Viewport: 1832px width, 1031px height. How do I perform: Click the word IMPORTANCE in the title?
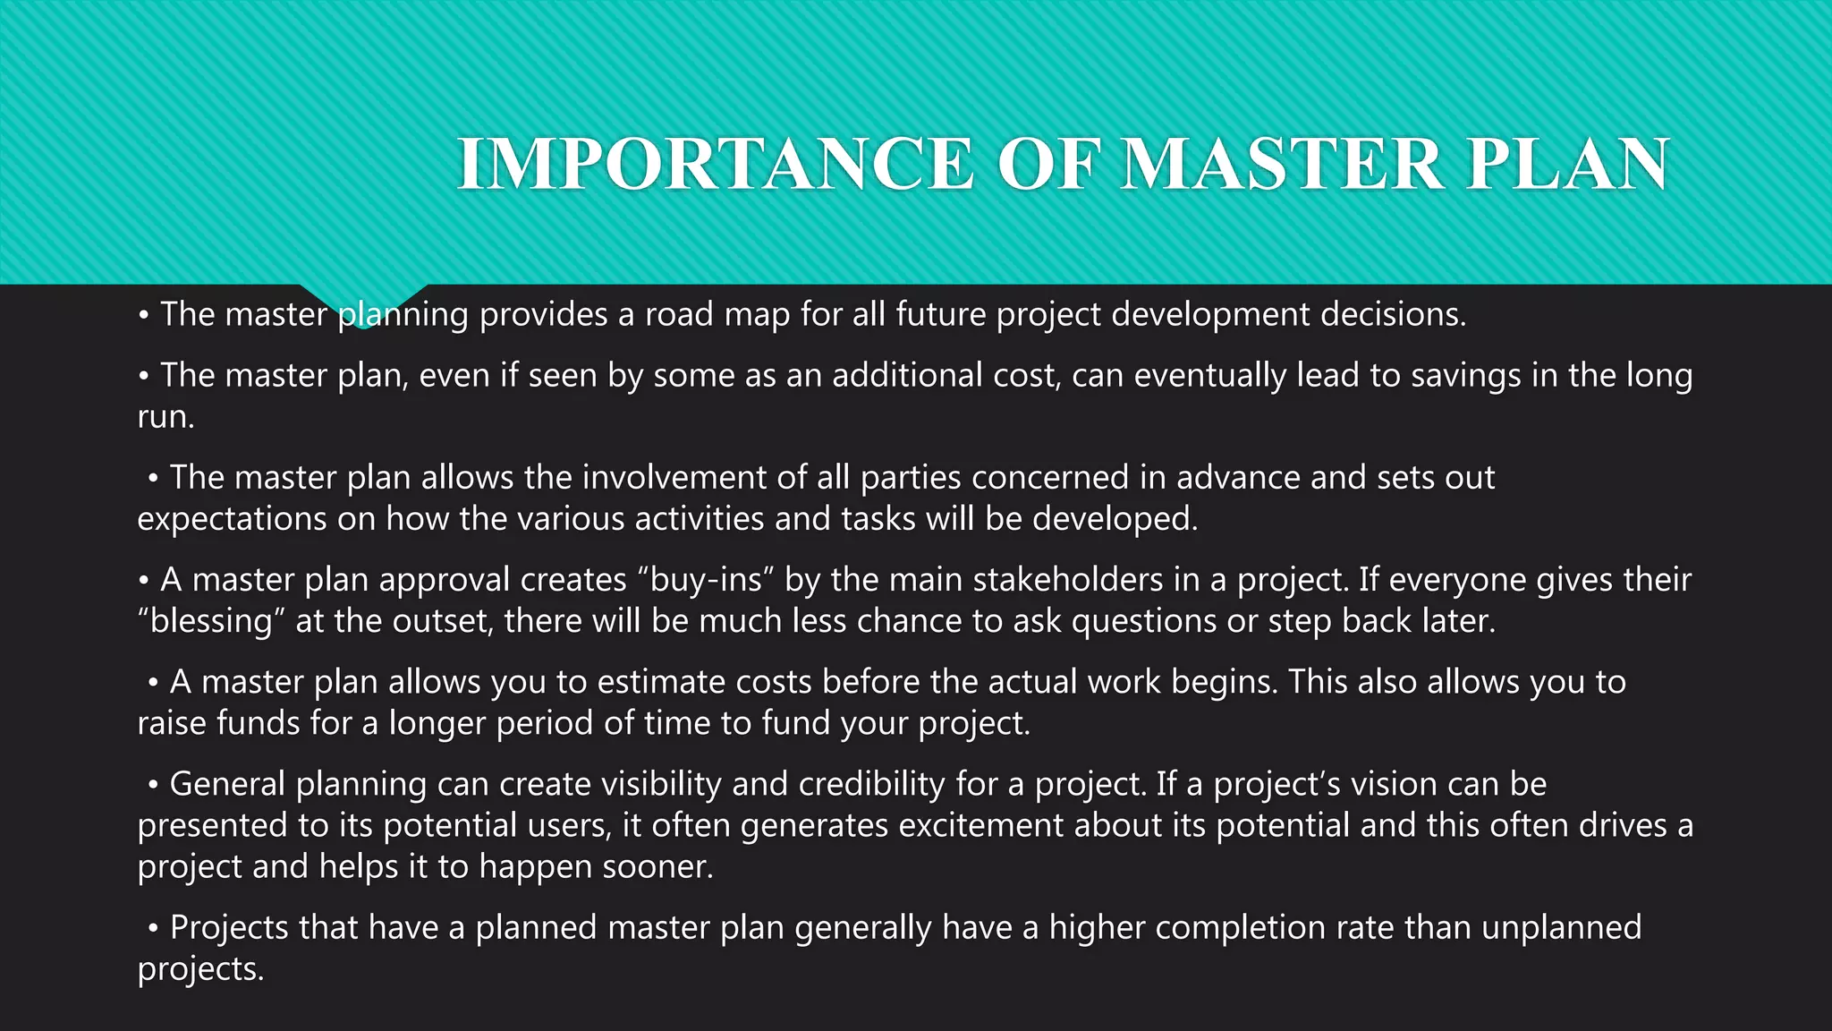[715, 164]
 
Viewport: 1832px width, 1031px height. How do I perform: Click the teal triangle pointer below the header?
[362, 305]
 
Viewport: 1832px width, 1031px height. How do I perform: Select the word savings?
[1465, 375]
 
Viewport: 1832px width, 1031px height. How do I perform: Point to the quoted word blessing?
[211, 621]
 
